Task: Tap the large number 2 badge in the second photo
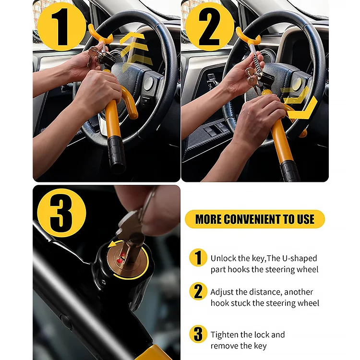(209, 26)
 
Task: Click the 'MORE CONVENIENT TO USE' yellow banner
(254, 219)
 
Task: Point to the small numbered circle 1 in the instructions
(198, 258)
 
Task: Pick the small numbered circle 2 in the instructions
(198, 291)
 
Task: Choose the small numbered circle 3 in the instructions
(198, 334)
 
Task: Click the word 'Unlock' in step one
(223, 258)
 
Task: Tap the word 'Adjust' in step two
(222, 292)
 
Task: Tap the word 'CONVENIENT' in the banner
(263, 219)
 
